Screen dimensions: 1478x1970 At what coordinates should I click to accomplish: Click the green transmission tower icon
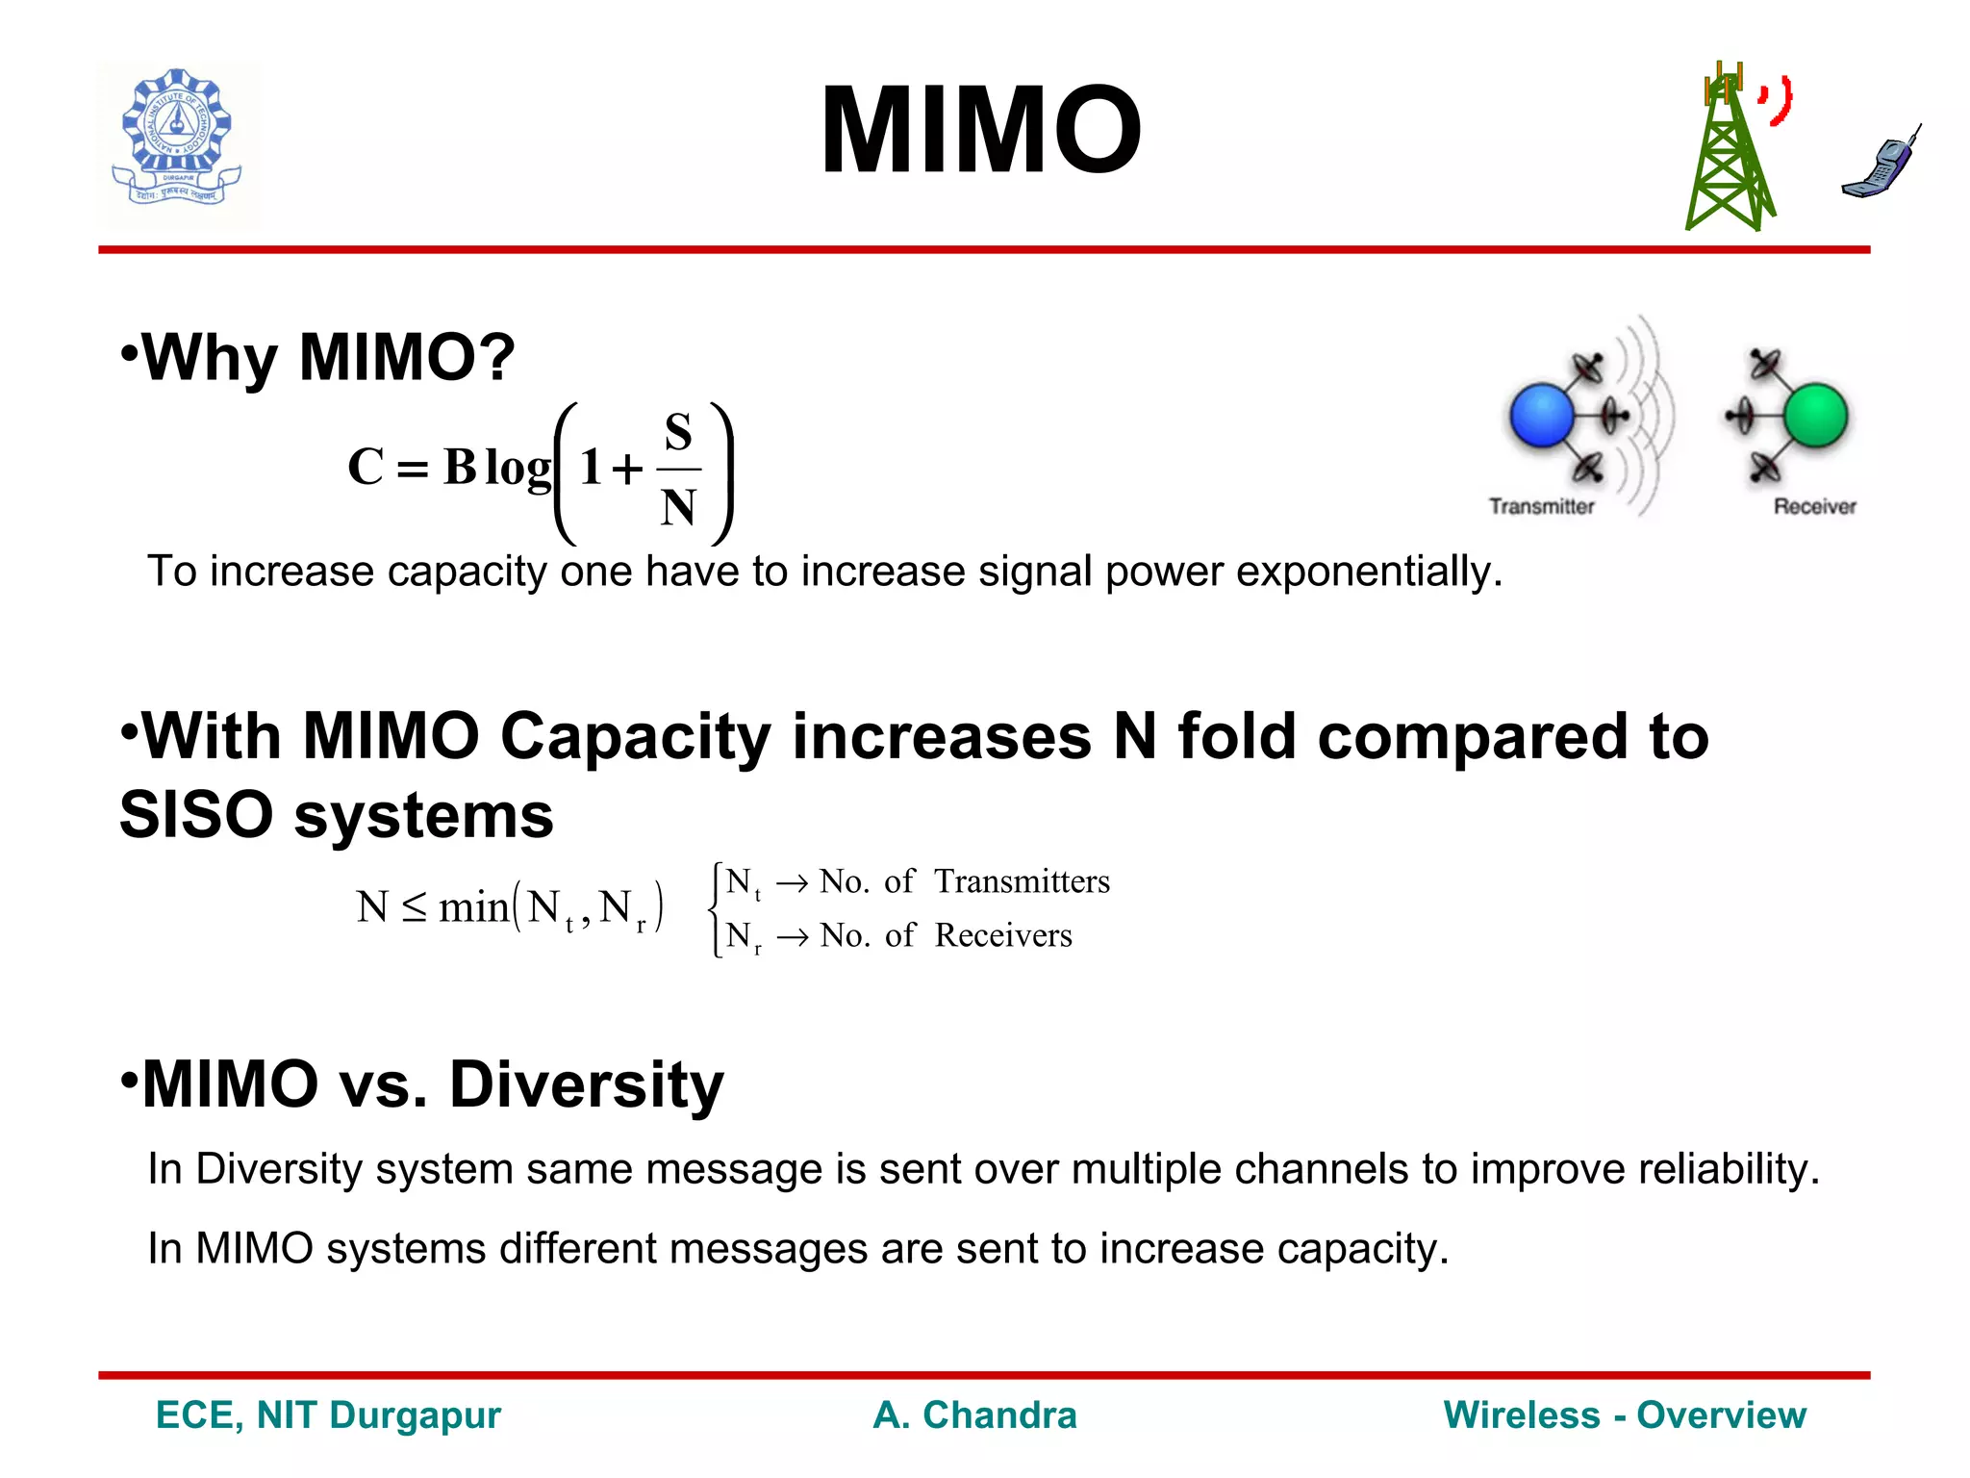click(x=1729, y=154)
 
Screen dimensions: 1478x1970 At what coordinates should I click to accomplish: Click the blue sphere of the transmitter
click(x=1542, y=416)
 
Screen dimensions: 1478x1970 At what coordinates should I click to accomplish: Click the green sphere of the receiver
click(x=1815, y=416)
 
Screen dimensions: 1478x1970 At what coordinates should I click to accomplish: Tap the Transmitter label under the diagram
click(x=1541, y=506)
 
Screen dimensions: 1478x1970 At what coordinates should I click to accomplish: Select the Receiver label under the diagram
click(x=1814, y=506)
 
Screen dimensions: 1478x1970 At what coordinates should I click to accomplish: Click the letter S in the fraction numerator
click(x=678, y=433)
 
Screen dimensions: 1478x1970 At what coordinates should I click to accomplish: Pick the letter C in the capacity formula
click(x=366, y=468)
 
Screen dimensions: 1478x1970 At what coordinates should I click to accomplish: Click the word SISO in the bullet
click(x=197, y=815)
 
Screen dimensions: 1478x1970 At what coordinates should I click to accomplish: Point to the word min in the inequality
click(x=473, y=907)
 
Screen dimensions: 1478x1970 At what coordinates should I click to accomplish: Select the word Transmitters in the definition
click(x=1022, y=881)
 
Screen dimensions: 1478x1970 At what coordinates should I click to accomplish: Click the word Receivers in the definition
click(x=1003, y=935)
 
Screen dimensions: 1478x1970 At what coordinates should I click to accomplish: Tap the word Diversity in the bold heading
click(x=586, y=1084)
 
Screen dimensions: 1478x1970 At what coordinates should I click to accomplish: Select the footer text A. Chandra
click(x=974, y=1415)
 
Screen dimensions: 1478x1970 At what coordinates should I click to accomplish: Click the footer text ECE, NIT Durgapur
click(x=328, y=1415)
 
